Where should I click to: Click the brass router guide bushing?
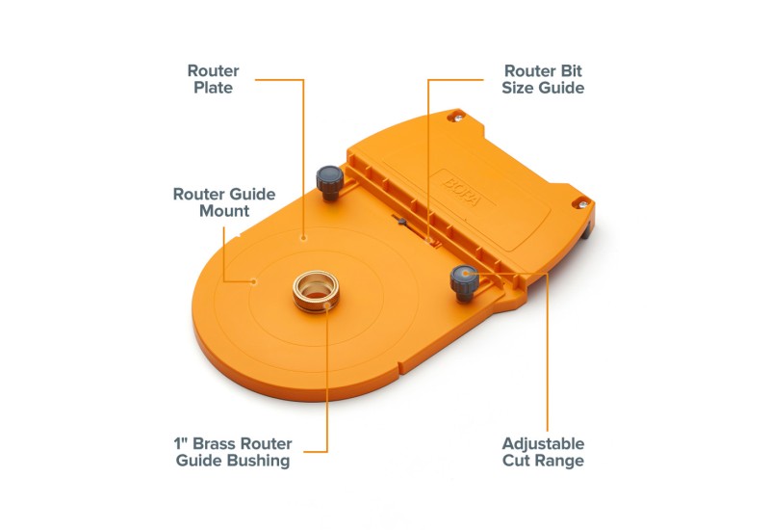tap(316, 291)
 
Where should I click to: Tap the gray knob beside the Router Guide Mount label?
tap(329, 182)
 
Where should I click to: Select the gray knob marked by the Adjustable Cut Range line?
tap(464, 282)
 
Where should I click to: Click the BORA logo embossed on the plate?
tap(463, 191)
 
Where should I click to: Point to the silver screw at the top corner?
tap(458, 117)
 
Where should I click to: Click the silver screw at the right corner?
tap(582, 204)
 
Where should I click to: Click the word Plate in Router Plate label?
tap(213, 88)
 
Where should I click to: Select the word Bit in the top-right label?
tap(572, 71)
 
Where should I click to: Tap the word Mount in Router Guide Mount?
tap(224, 211)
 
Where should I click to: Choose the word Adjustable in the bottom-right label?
tap(543, 444)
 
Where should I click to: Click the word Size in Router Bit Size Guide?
tap(518, 88)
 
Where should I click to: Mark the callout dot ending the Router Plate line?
tap(303, 238)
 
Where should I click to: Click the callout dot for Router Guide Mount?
tap(253, 281)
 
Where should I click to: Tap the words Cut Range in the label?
tap(543, 462)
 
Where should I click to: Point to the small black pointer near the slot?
tap(401, 222)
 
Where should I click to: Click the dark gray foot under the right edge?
tap(586, 231)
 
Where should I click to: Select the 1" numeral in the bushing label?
tap(181, 444)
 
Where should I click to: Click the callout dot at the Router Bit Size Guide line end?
tap(428, 240)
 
